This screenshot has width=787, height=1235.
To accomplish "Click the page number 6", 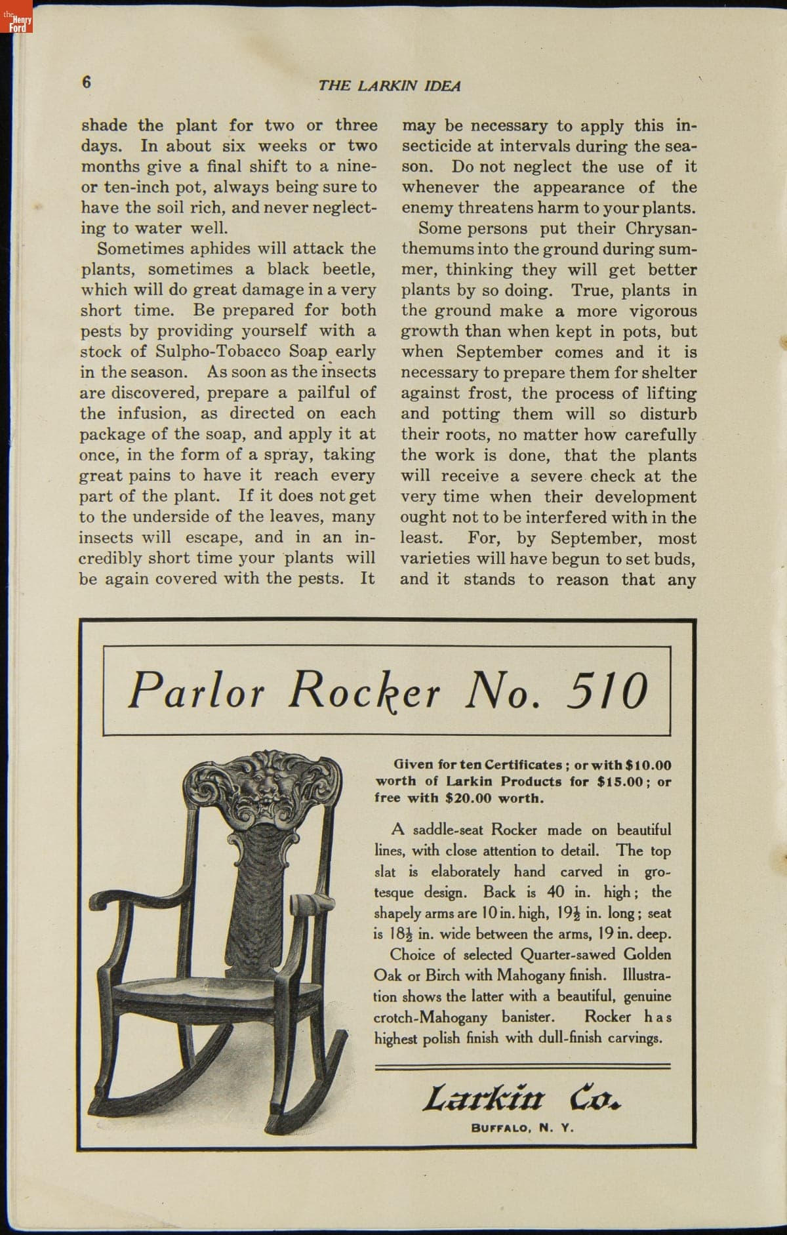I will (x=87, y=82).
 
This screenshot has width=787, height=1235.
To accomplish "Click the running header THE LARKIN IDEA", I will (x=390, y=86).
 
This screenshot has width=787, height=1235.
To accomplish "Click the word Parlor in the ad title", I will (x=196, y=691).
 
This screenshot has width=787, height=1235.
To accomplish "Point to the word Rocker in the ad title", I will (x=365, y=691).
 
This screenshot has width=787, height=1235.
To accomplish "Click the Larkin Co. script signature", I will (x=521, y=1097).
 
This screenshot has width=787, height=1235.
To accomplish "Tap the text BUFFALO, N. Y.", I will (x=522, y=1129).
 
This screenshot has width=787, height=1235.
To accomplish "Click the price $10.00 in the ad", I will (x=648, y=765).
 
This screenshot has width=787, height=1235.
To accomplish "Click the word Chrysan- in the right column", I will (x=661, y=229).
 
